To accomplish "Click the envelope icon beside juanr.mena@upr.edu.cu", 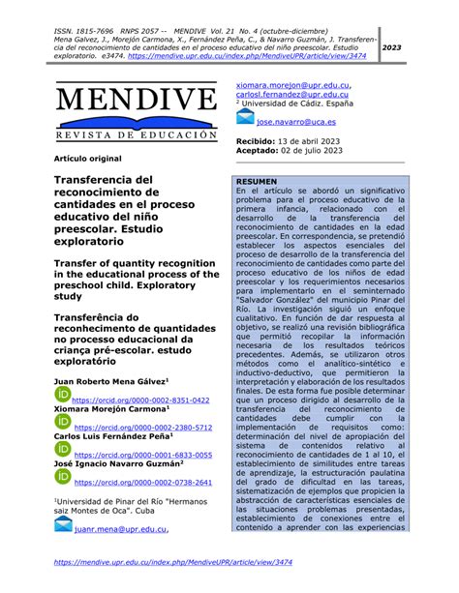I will [63, 526].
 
